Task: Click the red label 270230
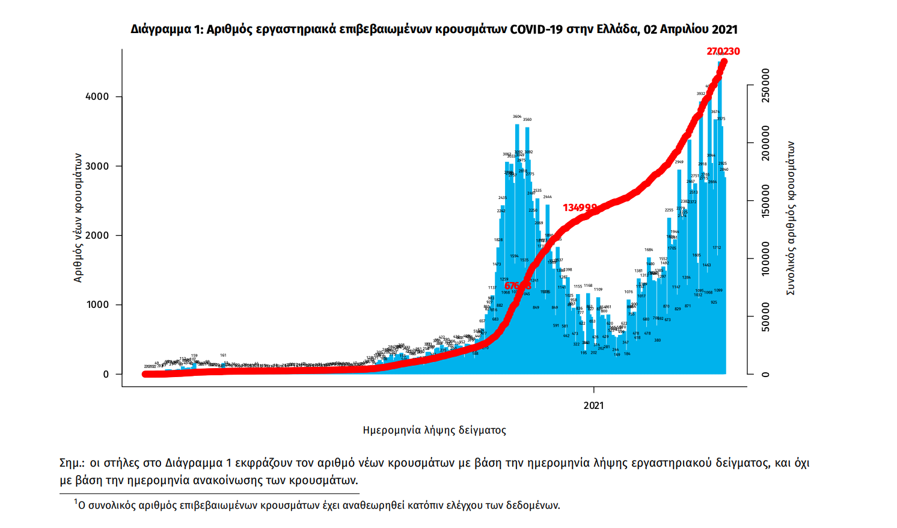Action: click(723, 52)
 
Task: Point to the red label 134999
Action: click(580, 208)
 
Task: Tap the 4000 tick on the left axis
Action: click(97, 97)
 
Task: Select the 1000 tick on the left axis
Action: click(97, 305)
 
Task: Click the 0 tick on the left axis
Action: click(106, 374)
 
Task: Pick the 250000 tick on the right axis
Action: click(765, 85)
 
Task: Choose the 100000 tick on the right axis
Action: click(765, 259)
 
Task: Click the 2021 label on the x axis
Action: click(593, 405)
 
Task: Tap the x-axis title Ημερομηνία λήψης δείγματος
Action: click(434, 431)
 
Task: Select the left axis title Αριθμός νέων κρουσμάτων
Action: click(78, 217)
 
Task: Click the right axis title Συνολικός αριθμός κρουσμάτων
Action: click(791, 218)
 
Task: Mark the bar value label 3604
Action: click(517, 117)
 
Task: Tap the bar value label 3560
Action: click(527, 120)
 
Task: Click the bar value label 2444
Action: click(547, 197)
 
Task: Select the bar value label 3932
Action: click(701, 93)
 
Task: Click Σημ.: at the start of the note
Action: click(72, 463)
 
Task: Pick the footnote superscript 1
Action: click(76, 502)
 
